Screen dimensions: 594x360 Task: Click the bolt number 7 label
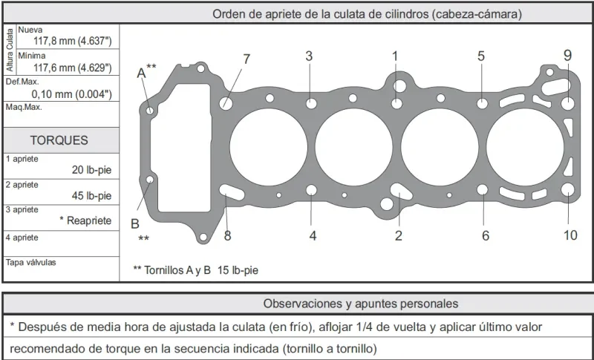[x=247, y=59]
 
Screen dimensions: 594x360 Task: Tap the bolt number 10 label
[x=570, y=235]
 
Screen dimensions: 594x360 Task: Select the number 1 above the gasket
[x=395, y=56]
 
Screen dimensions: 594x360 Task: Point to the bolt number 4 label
[x=313, y=236]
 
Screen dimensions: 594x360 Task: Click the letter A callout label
[x=141, y=73]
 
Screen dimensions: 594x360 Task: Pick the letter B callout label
[x=135, y=223]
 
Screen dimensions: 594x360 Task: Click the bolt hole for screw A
[x=150, y=111]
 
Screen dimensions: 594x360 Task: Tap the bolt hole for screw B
[x=150, y=179]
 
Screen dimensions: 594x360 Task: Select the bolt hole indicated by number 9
[x=567, y=103]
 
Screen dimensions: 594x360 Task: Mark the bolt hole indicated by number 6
[x=482, y=189]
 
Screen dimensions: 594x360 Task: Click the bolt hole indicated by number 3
[x=311, y=103]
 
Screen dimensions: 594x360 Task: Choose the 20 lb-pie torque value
[x=91, y=170]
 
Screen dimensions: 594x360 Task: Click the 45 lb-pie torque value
[x=91, y=196]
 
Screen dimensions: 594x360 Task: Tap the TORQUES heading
[x=59, y=140]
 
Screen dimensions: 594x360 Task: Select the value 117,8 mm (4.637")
[x=73, y=42]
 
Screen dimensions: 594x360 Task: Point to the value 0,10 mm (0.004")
[x=71, y=94]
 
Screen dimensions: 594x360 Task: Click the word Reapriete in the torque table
[x=89, y=220]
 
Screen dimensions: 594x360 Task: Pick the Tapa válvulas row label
[x=30, y=262]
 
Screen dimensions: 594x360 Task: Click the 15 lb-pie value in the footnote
[x=238, y=270]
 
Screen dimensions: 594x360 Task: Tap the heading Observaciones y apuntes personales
[x=361, y=304]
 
